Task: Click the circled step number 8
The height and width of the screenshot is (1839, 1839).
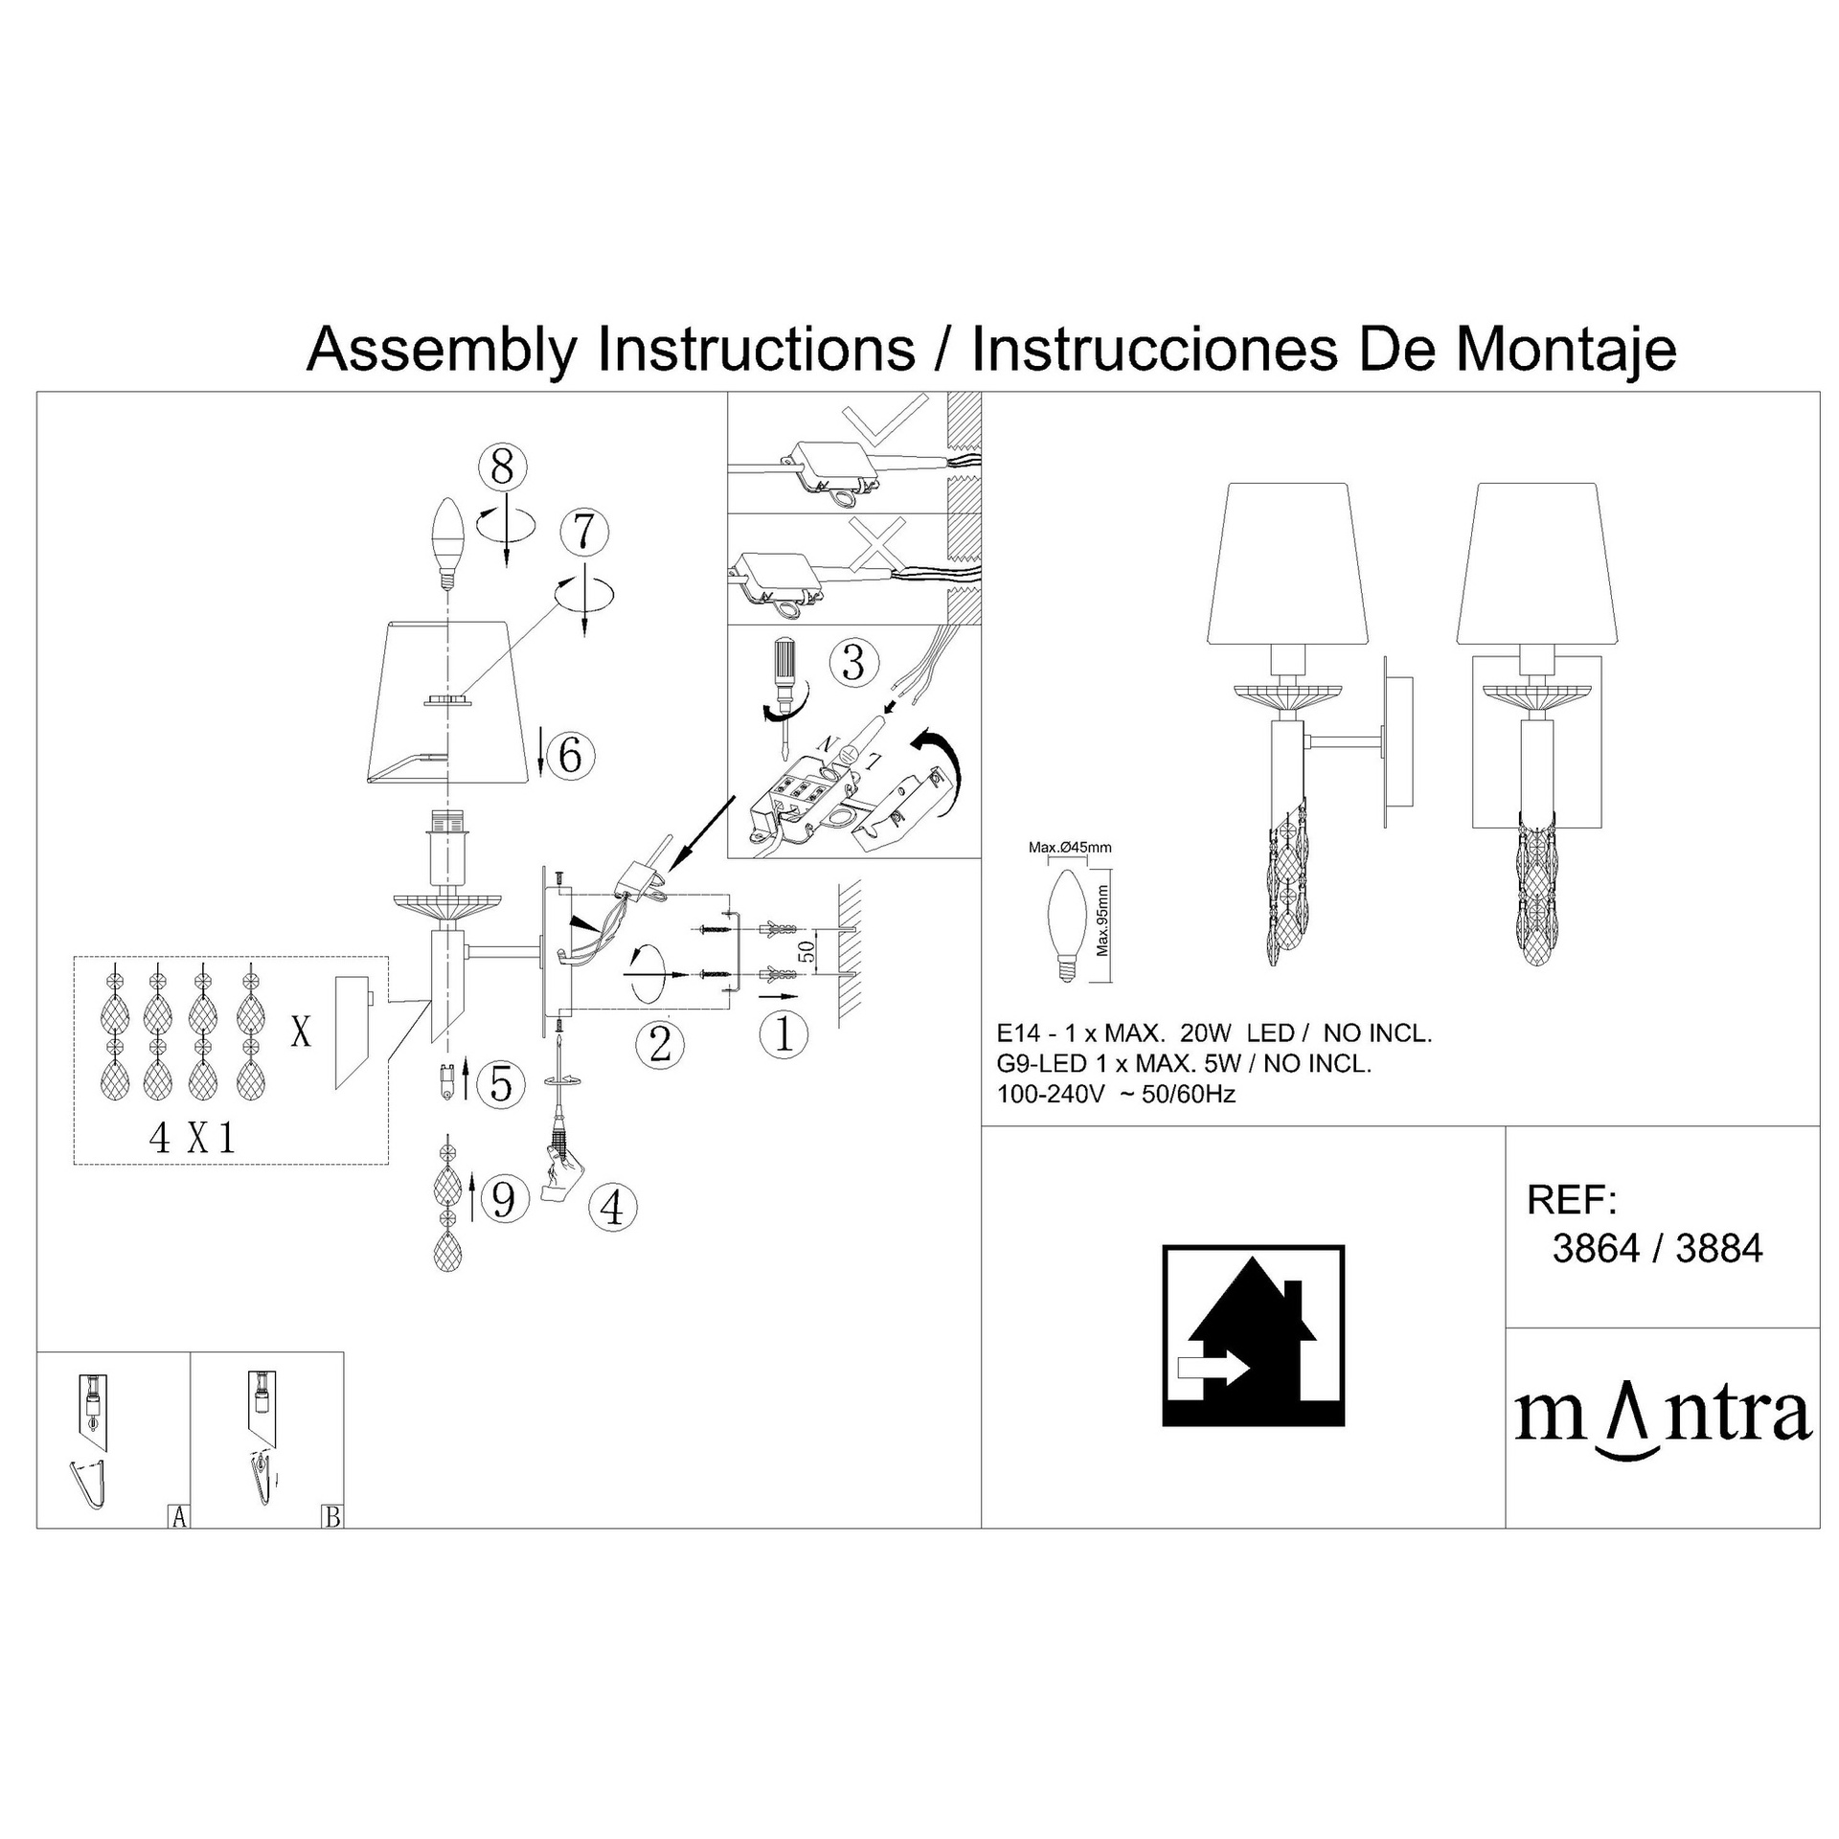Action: pyautogui.click(x=502, y=468)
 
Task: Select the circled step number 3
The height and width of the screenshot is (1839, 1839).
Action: pyautogui.click(x=852, y=663)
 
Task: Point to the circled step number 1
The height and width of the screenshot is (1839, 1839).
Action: pyautogui.click(x=783, y=1034)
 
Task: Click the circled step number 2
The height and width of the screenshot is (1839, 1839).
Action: pyautogui.click(x=661, y=1043)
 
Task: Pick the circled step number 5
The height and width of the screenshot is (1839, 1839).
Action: pyautogui.click(x=501, y=1083)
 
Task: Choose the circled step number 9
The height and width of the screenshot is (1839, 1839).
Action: pyautogui.click(x=504, y=1199)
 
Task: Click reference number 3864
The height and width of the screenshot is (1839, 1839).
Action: pyautogui.click(x=1596, y=1249)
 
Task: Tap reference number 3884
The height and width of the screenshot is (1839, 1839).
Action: pyautogui.click(x=1719, y=1249)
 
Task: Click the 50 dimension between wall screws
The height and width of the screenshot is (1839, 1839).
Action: pyautogui.click(x=806, y=951)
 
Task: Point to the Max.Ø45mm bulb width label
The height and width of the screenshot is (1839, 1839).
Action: pyautogui.click(x=1070, y=848)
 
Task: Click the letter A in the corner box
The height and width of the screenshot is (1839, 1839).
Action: pyautogui.click(x=178, y=1517)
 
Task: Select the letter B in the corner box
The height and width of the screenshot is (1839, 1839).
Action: pyautogui.click(x=332, y=1517)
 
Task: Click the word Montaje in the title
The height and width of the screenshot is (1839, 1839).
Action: pyautogui.click(x=1566, y=352)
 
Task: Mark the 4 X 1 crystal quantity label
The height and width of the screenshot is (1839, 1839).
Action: pyautogui.click(x=193, y=1137)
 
